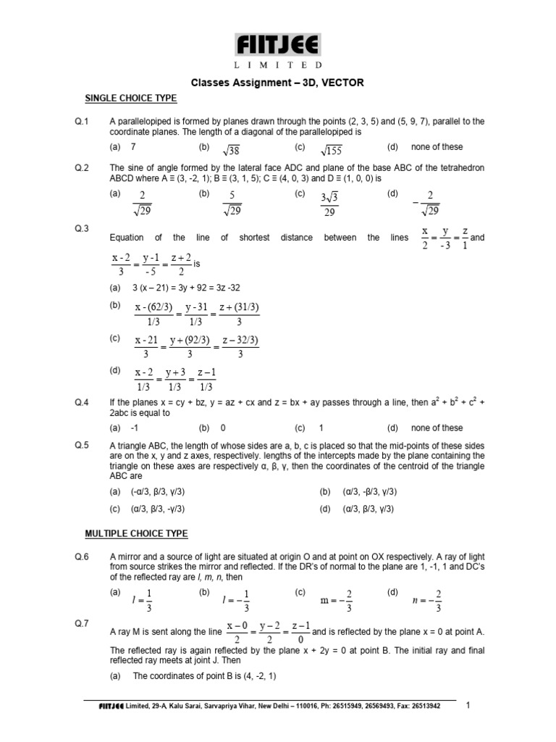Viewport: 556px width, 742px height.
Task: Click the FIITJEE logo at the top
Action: pos(277,46)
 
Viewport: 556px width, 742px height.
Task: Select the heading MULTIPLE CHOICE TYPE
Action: pos(136,533)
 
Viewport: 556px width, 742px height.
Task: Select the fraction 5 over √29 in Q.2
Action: pos(232,203)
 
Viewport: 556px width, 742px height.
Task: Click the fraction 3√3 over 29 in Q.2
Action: pos(330,203)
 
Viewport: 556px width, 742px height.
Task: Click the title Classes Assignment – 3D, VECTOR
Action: pos(277,83)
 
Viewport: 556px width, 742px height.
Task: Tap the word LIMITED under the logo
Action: pos(277,65)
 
